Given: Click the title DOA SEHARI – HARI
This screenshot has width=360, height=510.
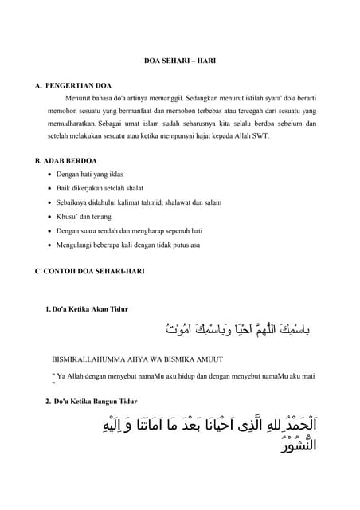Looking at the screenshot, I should pos(179,61).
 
